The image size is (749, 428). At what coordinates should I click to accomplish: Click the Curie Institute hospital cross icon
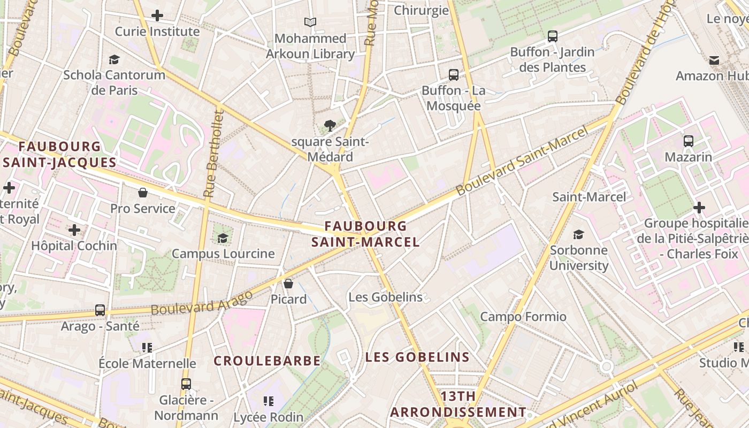point(157,16)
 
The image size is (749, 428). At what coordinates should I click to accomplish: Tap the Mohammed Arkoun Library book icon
point(310,22)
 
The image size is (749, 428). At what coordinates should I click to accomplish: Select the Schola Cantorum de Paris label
point(114,82)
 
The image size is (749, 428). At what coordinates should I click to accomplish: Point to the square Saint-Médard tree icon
point(330,126)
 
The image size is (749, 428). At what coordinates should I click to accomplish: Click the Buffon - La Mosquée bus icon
point(454,74)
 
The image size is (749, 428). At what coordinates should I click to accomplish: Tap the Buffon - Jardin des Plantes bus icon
point(553,36)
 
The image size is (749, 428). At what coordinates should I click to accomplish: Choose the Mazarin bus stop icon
point(689,141)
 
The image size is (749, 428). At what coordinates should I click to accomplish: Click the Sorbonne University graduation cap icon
point(578,234)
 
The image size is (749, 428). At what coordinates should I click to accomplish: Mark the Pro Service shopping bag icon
point(143,193)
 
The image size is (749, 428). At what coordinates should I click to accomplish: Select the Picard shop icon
point(288,284)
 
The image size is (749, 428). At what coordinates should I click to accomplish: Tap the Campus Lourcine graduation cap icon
point(223,238)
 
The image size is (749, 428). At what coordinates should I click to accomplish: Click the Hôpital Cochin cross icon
point(74,230)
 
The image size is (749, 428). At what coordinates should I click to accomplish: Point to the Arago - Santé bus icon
point(100,310)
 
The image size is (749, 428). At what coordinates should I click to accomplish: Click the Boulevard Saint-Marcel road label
point(522,160)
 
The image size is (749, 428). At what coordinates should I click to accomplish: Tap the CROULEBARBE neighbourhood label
point(267,361)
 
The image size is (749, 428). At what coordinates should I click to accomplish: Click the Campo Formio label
point(523,317)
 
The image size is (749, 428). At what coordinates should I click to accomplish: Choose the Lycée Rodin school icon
point(269,401)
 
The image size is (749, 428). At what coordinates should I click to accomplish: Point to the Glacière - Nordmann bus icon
point(186,384)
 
